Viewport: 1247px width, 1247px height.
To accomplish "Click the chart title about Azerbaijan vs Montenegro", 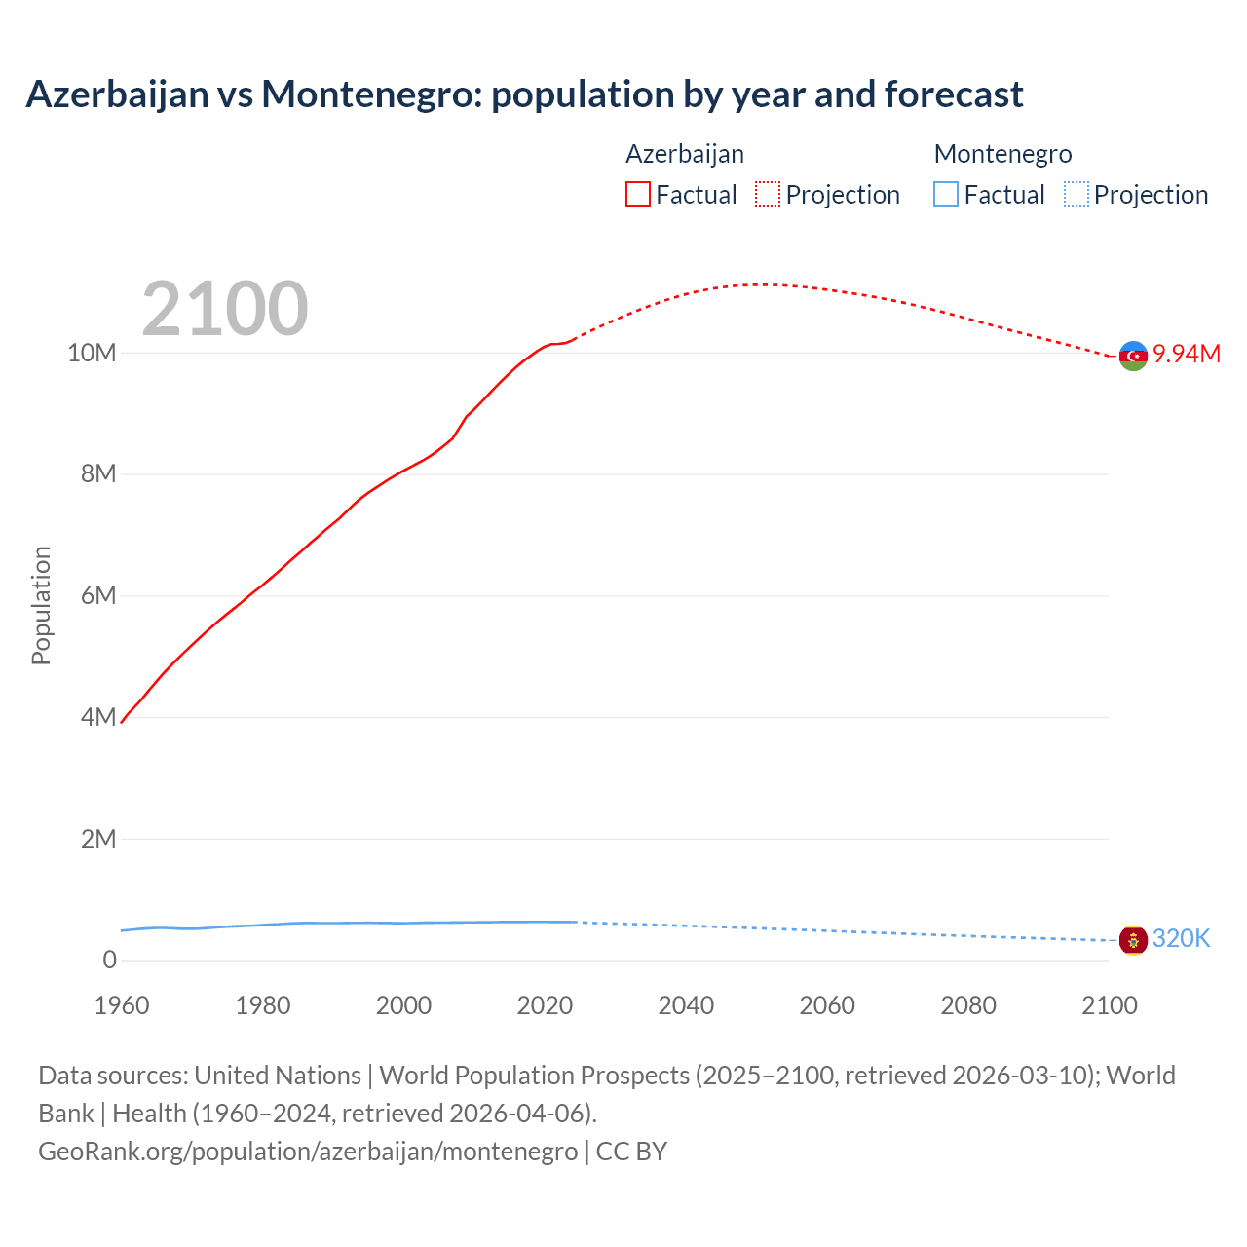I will pyautogui.click(x=524, y=94).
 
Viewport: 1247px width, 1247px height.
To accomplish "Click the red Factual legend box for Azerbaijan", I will pyautogui.click(x=637, y=194).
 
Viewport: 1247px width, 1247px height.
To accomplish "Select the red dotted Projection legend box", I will pyautogui.click(x=768, y=194).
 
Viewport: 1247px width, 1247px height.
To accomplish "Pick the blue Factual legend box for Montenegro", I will pyautogui.click(x=945, y=194).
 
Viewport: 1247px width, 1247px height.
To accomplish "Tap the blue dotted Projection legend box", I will pyautogui.click(x=1076, y=194).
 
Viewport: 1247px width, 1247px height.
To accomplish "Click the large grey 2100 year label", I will pyautogui.click(x=225, y=309).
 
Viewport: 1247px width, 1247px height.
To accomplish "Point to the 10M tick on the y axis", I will pyautogui.click(x=92, y=353).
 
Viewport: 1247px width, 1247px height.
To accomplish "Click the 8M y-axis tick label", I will pyautogui.click(x=97, y=474).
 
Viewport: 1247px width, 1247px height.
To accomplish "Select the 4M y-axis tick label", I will pyautogui.click(x=97, y=718).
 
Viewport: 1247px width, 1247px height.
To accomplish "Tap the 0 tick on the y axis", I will pyautogui.click(x=109, y=961).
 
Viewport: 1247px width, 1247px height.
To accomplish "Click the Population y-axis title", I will pyautogui.click(x=41, y=605).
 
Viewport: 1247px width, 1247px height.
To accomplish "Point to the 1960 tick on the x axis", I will pyautogui.click(x=122, y=1005).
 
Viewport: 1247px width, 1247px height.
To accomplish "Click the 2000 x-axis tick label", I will pyautogui.click(x=403, y=1005).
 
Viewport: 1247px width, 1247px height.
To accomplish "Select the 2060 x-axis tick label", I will pyautogui.click(x=827, y=1005).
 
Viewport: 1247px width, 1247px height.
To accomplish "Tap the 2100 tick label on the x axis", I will pyautogui.click(x=1109, y=1005).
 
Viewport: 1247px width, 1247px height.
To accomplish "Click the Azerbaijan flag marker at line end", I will pyautogui.click(x=1133, y=357).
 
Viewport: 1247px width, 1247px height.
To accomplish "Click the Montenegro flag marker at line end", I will pyautogui.click(x=1133, y=940).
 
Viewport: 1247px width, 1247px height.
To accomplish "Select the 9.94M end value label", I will pyautogui.click(x=1187, y=354).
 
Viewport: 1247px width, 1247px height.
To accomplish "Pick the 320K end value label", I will pyautogui.click(x=1181, y=938).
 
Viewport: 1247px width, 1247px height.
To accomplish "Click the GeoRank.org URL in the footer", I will pyautogui.click(x=308, y=1152).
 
